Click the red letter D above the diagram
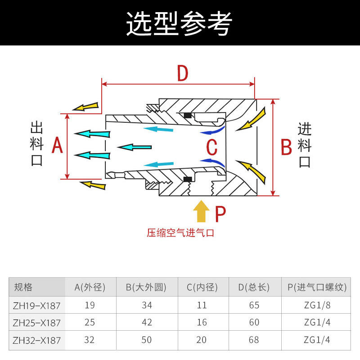coord(182,73)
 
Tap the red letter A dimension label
coord(57,146)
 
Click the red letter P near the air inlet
coord(220,214)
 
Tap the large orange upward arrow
coord(201,211)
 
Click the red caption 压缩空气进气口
coord(180,233)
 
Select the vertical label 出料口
coord(37,144)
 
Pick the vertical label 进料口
coord(305,145)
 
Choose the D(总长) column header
coord(254,287)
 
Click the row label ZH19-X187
coord(36,306)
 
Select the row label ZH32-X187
coord(36,340)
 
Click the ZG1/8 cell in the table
coord(317,306)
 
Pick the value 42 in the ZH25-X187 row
coord(147,323)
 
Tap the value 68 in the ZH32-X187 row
coord(254,340)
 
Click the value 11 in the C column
coord(202,306)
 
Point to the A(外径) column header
coord(90,287)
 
